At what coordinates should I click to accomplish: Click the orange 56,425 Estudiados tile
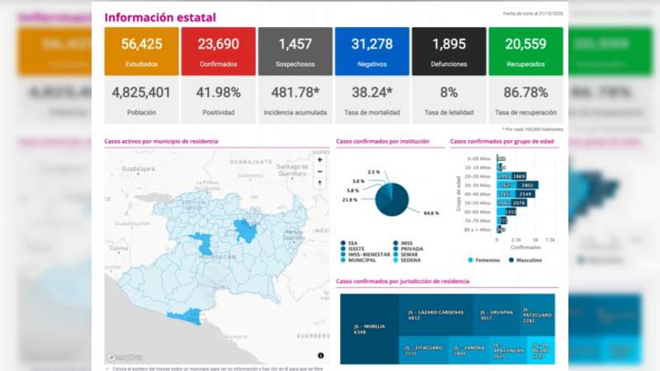141,51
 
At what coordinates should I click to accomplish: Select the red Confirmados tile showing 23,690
219,51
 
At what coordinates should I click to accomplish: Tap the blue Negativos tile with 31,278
372,51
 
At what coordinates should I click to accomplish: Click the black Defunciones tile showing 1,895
449,51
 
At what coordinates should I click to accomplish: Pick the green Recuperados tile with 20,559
526,51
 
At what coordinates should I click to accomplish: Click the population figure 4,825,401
141,93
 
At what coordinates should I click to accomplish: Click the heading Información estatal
160,17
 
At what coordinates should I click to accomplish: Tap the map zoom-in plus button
320,160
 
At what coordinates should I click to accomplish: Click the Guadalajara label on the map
138,168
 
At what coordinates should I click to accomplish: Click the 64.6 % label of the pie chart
430,214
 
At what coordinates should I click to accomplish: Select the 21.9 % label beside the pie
349,200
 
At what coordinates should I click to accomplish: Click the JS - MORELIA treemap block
371,328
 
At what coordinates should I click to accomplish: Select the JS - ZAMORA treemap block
469,350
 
